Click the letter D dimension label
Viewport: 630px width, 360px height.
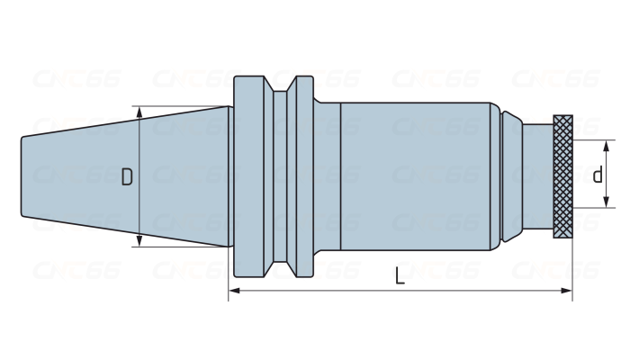127,177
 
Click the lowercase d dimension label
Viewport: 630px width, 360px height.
598,175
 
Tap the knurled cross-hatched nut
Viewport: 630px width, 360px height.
563,176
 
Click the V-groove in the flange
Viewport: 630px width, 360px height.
282,176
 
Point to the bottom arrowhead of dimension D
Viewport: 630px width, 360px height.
140,241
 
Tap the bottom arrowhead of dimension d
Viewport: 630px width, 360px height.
607,202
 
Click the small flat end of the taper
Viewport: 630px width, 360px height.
22,176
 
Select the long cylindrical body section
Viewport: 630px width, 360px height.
414,176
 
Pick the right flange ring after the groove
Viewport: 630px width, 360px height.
301,176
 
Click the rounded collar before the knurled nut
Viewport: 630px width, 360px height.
511,176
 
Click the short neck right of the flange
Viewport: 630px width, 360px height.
326,176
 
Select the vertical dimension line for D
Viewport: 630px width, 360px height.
140,144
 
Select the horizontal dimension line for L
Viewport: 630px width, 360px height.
315,291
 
